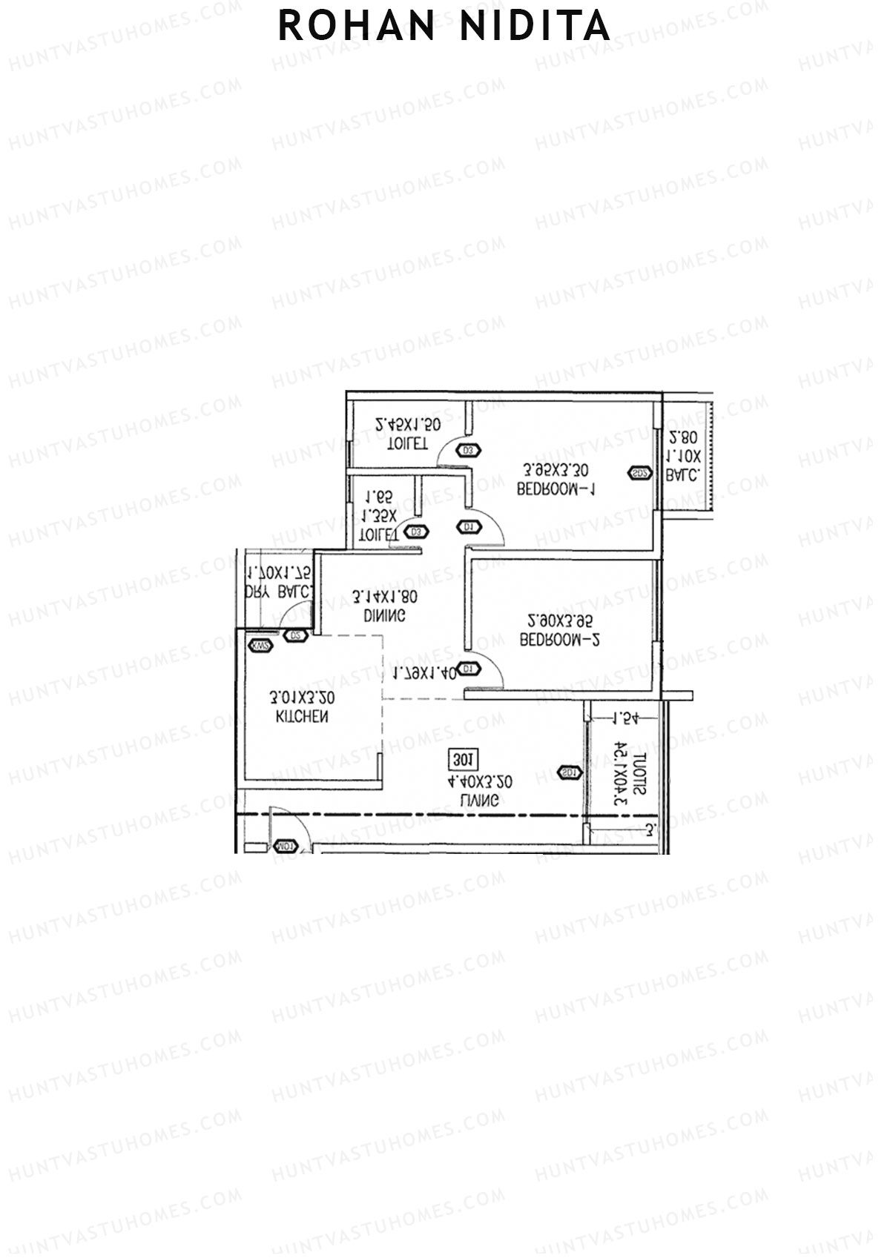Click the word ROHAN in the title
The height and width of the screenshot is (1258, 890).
(x=357, y=27)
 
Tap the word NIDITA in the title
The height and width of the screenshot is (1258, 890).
(x=535, y=27)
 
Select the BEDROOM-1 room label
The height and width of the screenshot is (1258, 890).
(x=556, y=489)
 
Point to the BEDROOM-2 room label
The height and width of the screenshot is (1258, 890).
(x=558, y=640)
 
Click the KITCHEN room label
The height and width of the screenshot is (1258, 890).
(x=302, y=717)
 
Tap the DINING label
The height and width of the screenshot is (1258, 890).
(x=384, y=615)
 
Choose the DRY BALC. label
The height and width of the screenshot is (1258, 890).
(x=280, y=592)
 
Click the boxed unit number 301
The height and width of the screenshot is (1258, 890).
(x=464, y=760)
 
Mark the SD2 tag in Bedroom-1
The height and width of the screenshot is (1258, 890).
(x=640, y=473)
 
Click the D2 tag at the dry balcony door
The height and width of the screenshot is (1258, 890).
(x=295, y=635)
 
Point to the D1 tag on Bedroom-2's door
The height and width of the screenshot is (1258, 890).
(x=468, y=669)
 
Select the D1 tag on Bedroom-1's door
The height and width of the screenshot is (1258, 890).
(x=468, y=527)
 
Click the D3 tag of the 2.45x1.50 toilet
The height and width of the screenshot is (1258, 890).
(x=468, y=450)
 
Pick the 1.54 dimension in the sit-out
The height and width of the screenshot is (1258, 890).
(x=625, y=718)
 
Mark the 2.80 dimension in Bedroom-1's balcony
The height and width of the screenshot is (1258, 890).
(x=683, y=437)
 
